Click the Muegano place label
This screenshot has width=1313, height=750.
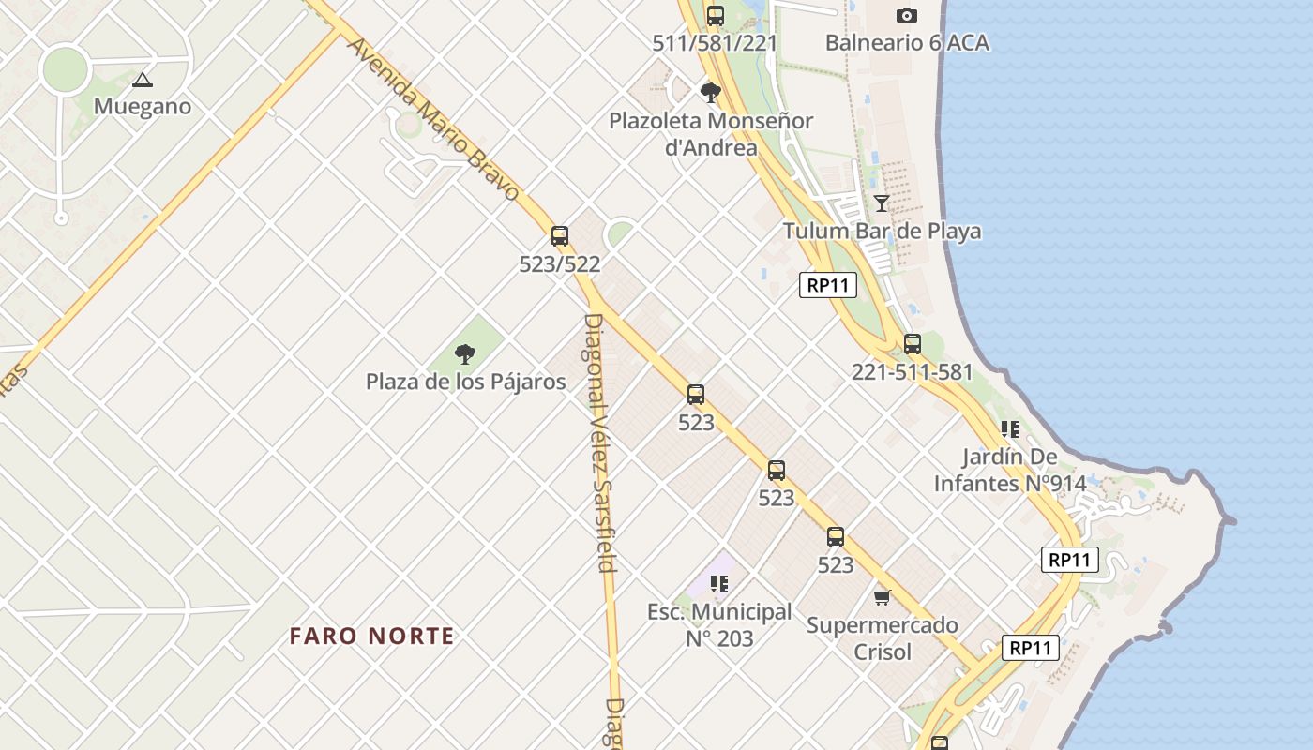tap(143, 106)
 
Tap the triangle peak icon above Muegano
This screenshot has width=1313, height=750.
tap(142, 81)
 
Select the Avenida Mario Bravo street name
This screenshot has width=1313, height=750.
tap(433, 118)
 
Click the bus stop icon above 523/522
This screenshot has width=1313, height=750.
tap(560, 236)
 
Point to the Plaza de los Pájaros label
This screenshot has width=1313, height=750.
tap(466, 382)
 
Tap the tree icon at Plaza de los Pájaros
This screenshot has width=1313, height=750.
tap(464, 354)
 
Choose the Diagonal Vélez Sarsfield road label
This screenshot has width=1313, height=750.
tap(600, 442)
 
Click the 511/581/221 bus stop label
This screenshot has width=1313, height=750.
tap(716, 42)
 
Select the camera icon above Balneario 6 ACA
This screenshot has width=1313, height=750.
tap(906, 15)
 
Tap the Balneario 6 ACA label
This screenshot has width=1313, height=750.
tap(907, 42)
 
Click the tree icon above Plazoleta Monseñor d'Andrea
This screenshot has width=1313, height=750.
tap(710, 93)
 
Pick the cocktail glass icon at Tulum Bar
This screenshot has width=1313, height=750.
tap(882, 203)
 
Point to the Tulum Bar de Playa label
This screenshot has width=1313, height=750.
tap(883, 231)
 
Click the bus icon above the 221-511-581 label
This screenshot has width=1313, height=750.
tap(913, 344)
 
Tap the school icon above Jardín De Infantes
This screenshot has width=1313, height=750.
tap(1009, 430)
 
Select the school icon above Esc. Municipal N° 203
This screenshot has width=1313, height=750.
tap(719, 585)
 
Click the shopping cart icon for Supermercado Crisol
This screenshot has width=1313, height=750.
tap(882, 597)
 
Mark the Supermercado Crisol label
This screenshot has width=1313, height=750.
tap(883, 637)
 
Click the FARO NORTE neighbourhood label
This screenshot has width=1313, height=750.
tap(372, 636)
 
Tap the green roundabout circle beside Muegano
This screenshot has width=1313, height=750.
tap(65, 69)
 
